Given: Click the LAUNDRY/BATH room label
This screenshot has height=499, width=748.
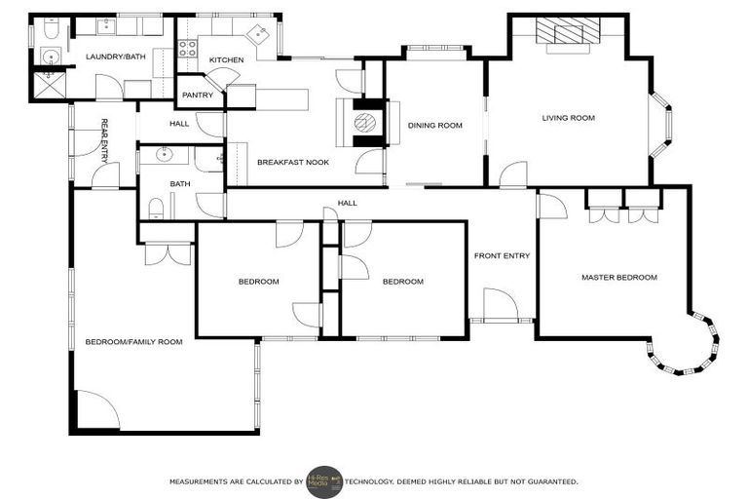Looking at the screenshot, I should tap(114, 57).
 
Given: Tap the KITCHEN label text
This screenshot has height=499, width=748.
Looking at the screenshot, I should tap(226, 60).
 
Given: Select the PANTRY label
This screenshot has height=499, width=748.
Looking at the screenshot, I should tap(198, 96).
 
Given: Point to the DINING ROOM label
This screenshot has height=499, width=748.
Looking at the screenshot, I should tap(434, 125).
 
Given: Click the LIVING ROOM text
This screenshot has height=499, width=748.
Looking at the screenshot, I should tap(568, 118).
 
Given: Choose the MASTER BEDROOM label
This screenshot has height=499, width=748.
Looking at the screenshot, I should tap(618, 278).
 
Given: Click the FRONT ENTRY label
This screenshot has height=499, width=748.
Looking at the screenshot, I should tap(502, 256).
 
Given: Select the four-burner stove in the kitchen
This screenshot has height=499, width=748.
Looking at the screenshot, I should tap(185, 49).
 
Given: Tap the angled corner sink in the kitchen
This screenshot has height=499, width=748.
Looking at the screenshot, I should tap(258, 35).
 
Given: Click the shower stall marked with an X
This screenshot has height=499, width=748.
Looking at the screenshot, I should tap(48, 85).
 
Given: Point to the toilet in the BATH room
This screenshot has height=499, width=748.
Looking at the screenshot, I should tap(155, 206).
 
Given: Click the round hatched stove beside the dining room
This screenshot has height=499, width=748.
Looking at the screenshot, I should tap(364, 122).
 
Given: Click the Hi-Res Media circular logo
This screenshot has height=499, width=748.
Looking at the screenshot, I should tap(323, 481).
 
